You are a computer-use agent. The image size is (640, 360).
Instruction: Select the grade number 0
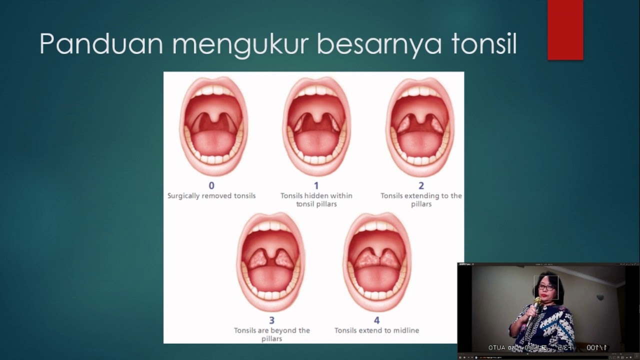[x=211, y=186]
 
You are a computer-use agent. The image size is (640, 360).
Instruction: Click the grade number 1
[x=316, y=186]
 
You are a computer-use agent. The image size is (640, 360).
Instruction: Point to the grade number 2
[x=421, y=186]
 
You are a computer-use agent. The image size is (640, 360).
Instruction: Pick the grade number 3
[x=272, y=320]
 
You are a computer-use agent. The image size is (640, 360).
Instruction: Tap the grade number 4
[x=376, y=320]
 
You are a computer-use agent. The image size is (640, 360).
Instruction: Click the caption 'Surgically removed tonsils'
[x=211, y=196]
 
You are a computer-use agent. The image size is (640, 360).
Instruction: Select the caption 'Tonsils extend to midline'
[x=376, y=330]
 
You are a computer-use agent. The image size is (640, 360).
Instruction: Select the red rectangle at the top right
[x=565, y=30]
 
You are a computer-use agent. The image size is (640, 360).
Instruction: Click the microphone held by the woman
[x=536, y=303]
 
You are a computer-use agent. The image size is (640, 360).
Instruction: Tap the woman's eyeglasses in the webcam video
[x=545, y=287]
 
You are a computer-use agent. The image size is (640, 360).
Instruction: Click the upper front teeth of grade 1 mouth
[x=316, y=91]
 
